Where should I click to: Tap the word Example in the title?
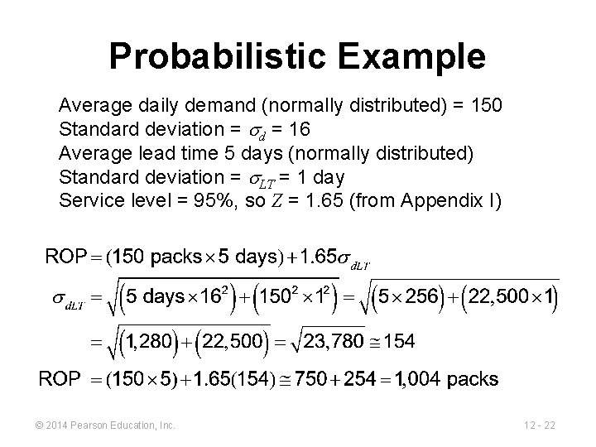(x=406, y=57)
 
